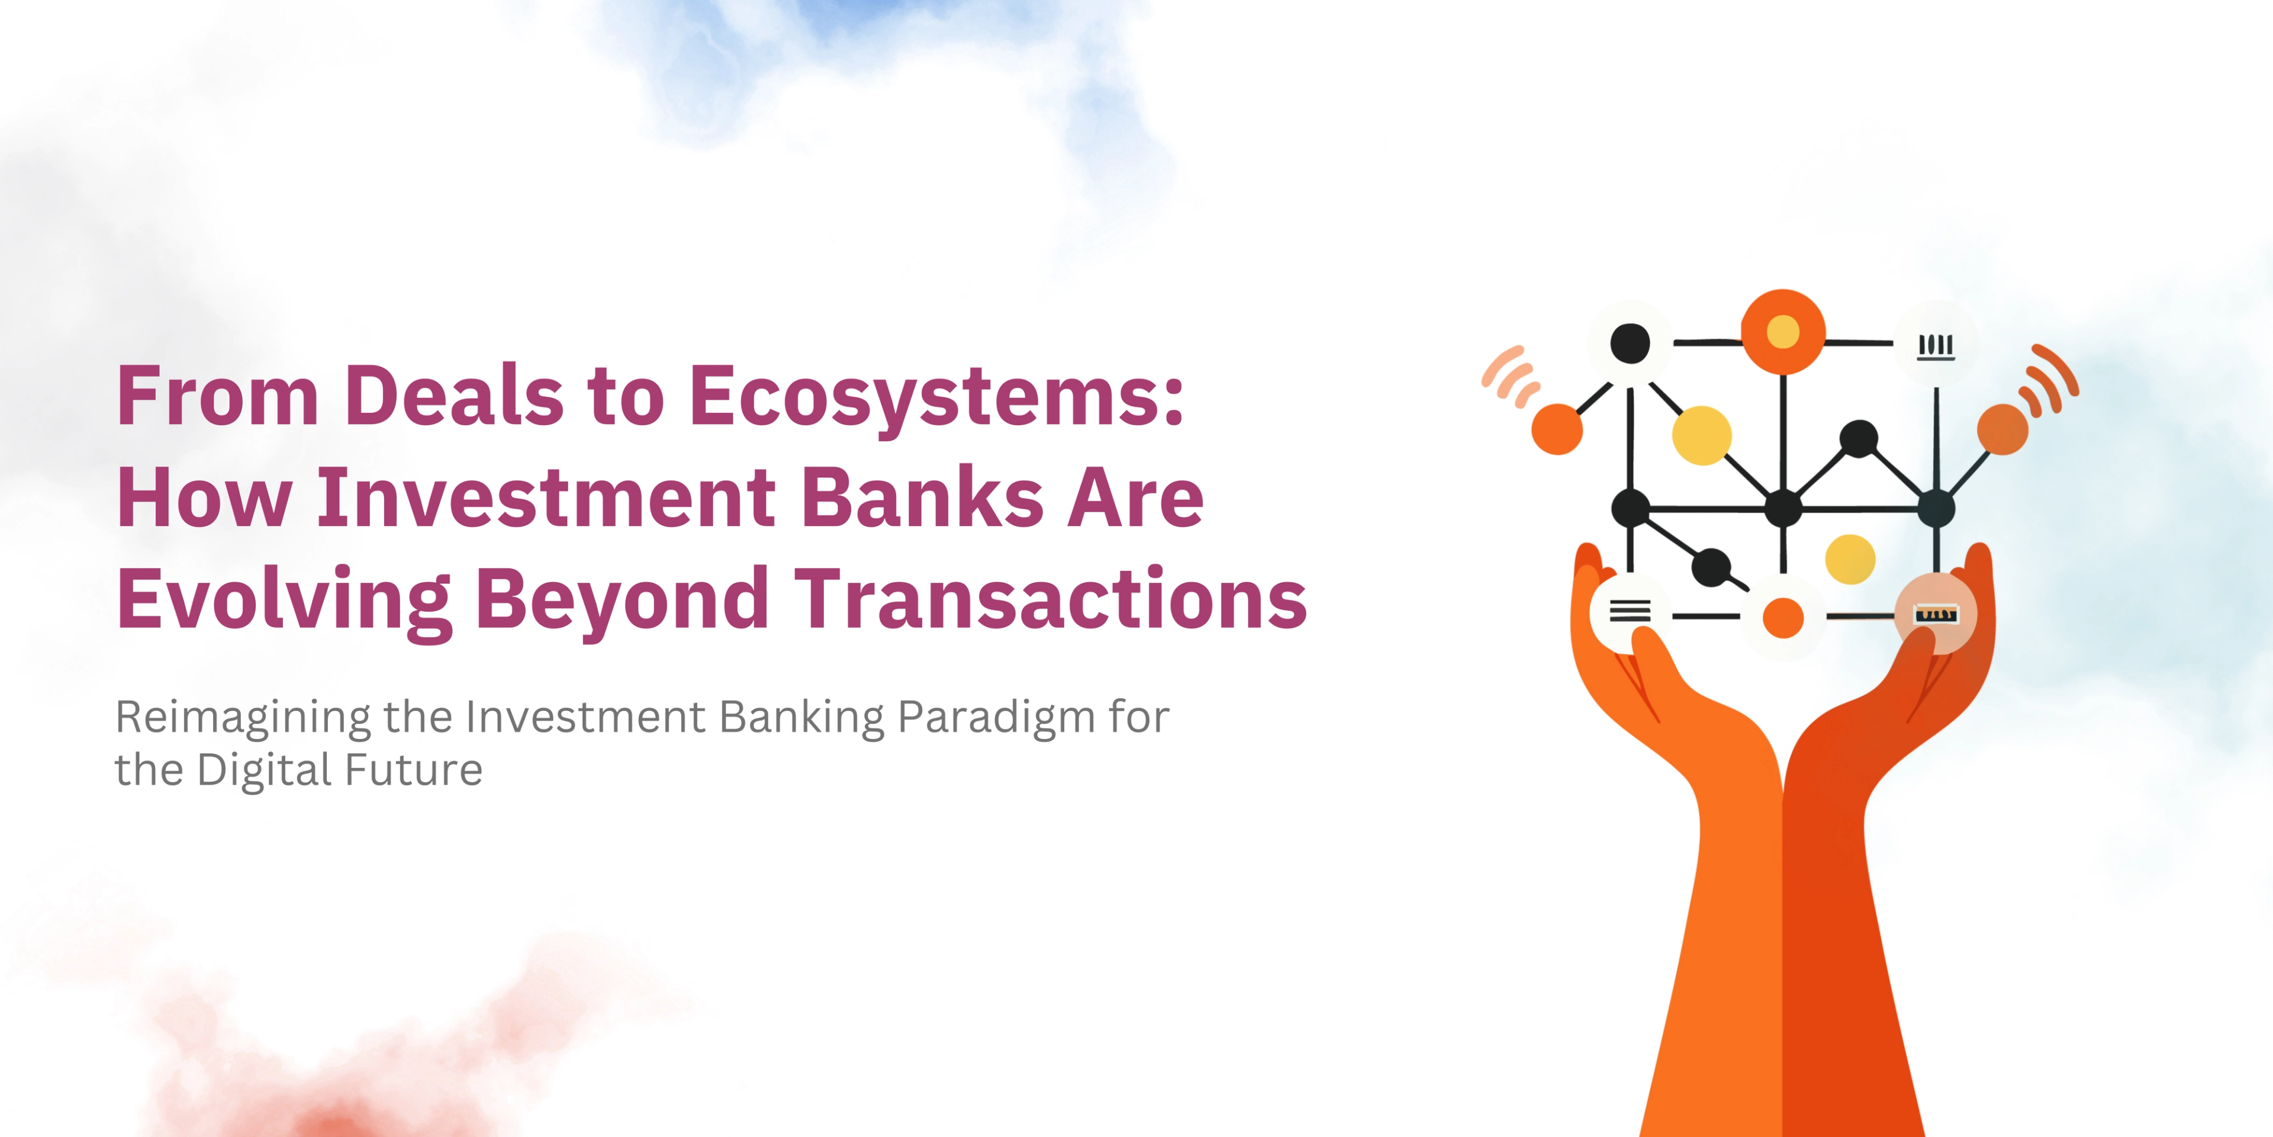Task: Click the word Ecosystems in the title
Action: [935, 396]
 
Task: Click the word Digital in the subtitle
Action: [265, 770]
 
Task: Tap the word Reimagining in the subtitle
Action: [243, 717]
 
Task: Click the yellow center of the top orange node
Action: [1782, 332]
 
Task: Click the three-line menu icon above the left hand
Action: [1630, 611]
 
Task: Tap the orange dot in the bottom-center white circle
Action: [1782, 617]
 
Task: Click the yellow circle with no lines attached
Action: [1849, 560]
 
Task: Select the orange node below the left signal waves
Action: [1557, 429]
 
